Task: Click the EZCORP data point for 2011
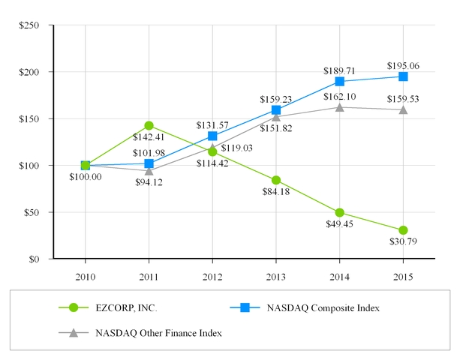(x=149, y=125)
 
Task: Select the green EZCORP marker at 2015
(x=404, y=230)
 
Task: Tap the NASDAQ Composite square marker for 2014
(x=340, y=81)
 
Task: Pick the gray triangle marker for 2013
(x=276, y=116)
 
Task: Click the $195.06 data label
(x=404, y=65)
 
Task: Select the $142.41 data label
(x=149, y=136)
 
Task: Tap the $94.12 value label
(x=149, y=181)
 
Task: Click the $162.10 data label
(x=340, y=96)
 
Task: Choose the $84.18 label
(x=276, y=199)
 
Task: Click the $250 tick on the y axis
(x=31, y=25)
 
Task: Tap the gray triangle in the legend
(x=74, y=332)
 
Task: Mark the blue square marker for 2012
(x=212, y=136)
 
